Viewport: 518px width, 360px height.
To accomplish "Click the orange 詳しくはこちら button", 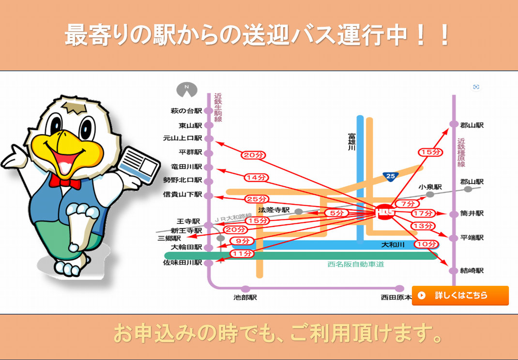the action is click(x=460, y=295).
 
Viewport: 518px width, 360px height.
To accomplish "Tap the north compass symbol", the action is click(x=187, y=89).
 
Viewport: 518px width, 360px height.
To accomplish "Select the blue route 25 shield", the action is click(x=391, y=176).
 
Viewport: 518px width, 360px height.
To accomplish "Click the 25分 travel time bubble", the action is click(x=257, y=199).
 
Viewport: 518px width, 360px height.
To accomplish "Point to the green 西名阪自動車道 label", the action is click(x=356, y=264).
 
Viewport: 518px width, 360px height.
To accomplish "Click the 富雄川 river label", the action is click(x=351, y=142).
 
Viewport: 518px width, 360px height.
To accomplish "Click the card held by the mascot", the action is click(x=139, y=165).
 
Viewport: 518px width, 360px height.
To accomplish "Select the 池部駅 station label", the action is click(x=245, y=297).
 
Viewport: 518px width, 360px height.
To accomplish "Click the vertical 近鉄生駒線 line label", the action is click(x=218, y=108).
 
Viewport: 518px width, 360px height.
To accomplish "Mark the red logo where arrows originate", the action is click(x=385, y=212).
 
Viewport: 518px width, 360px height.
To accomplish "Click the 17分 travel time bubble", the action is click(x=423, y=213).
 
